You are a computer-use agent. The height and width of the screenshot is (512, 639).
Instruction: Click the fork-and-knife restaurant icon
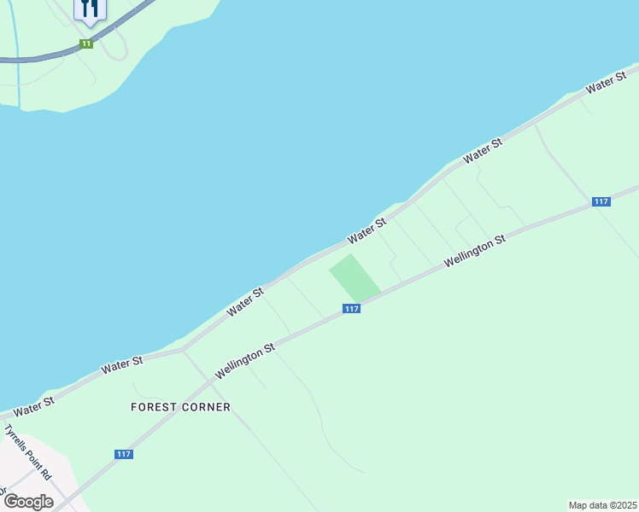pos(90,9)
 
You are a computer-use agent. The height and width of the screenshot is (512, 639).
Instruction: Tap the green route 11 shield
pos(85,44)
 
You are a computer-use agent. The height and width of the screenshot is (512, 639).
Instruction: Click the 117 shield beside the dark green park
pos(352,309)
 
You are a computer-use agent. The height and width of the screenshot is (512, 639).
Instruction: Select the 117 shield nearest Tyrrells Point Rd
pos(124,455)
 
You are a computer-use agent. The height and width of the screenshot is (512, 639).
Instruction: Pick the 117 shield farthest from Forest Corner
pos(601,201)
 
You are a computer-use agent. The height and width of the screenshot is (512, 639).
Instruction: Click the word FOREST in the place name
pos(152,407)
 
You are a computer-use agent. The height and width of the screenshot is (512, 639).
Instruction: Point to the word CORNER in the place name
pos(204,407)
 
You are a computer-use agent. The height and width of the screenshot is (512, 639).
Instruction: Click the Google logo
pos(28,502)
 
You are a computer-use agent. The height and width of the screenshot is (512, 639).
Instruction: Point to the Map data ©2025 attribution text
pos(602,505)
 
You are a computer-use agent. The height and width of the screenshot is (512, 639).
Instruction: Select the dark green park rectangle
pos(355,277)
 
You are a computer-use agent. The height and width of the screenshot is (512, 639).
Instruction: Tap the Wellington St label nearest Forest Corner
pos(245,362)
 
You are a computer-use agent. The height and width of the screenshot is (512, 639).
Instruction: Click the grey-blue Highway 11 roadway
pos(34,59)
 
